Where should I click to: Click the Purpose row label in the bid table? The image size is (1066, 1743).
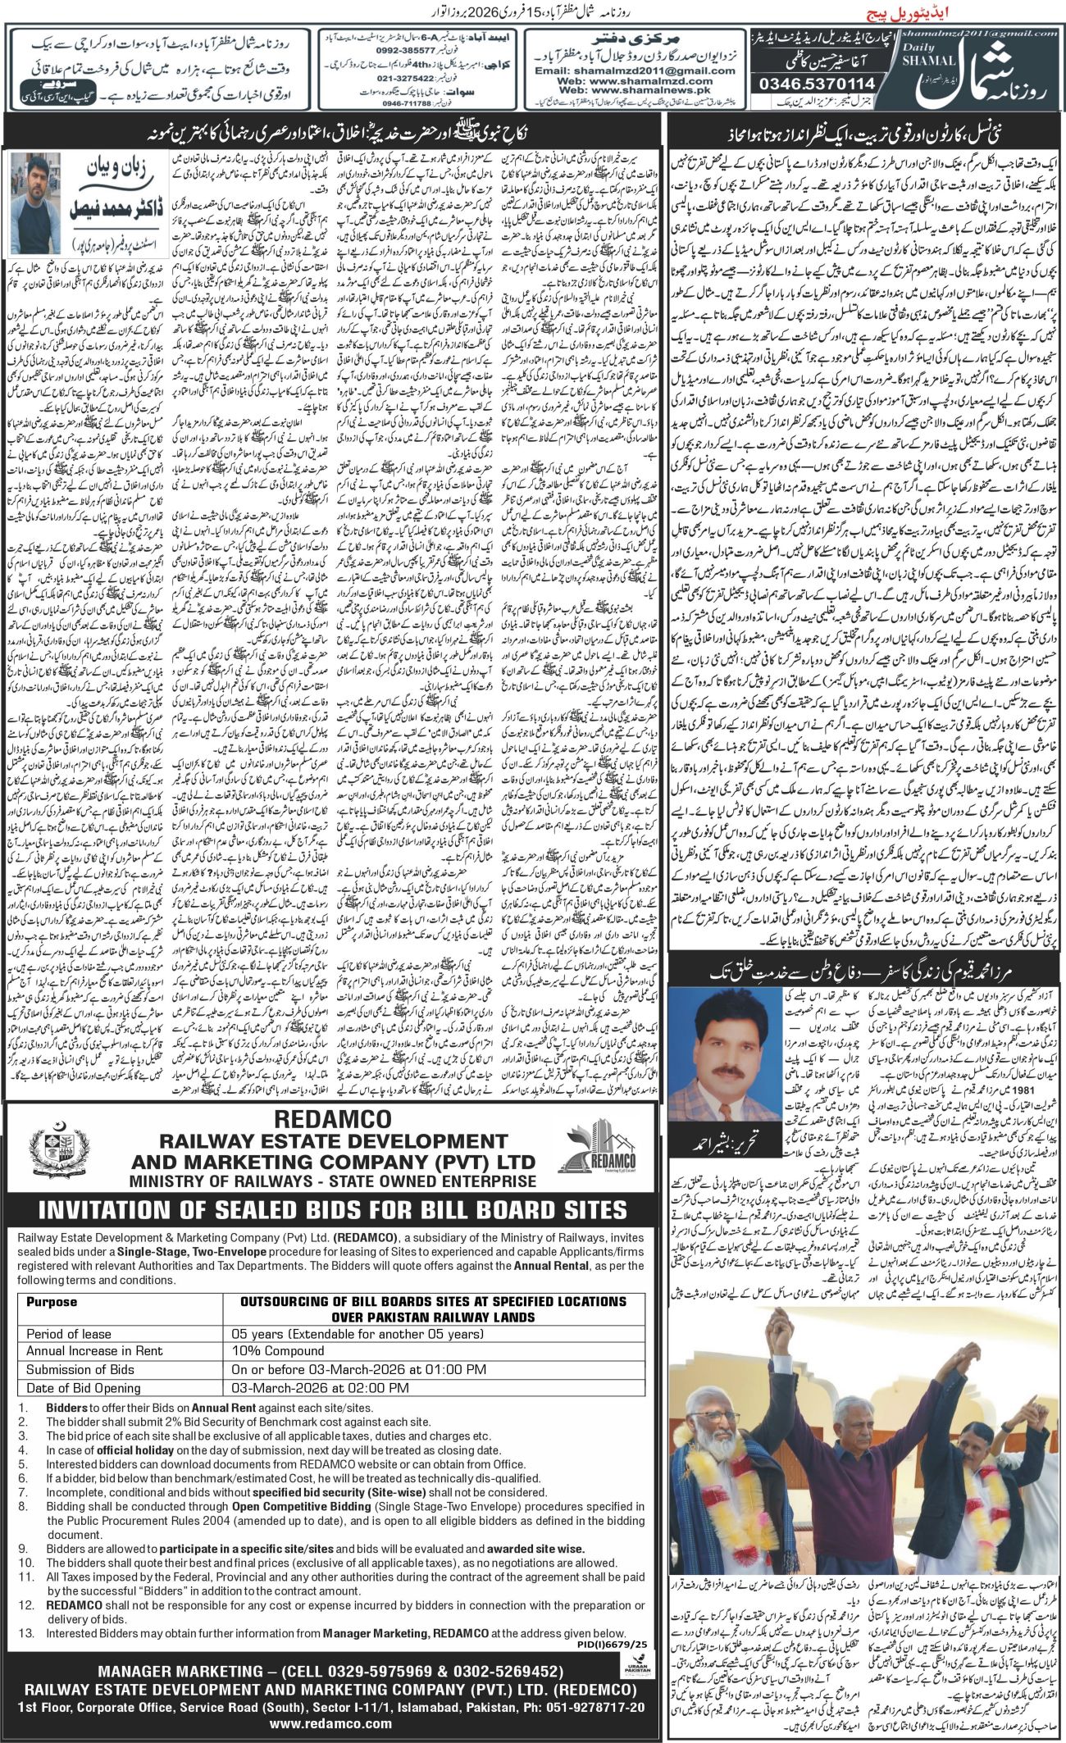coord(52,1301)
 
